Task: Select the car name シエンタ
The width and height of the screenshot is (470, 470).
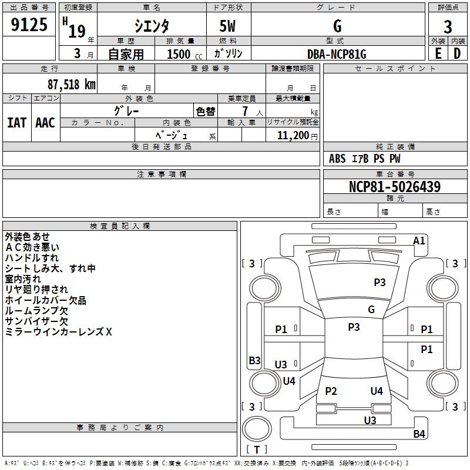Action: pos(152,26)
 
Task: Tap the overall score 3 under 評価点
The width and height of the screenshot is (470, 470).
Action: pos(448,26)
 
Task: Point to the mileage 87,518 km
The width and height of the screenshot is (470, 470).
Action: pos(71,84)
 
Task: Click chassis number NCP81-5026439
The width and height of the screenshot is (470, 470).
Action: pos(394,187)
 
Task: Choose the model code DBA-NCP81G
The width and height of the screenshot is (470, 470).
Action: pos(337,54)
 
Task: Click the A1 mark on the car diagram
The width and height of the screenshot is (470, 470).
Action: pos(419,241)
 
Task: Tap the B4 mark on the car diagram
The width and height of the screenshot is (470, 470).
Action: pos(419,434)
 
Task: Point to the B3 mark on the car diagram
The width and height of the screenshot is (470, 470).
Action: pos(254,361)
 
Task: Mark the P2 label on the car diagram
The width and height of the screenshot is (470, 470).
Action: pos(331,391)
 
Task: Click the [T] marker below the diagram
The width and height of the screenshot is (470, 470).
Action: pos(257,449)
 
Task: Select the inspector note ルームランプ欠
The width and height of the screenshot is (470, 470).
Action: pos(36,310)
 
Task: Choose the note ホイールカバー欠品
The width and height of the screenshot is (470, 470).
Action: pos(45,300)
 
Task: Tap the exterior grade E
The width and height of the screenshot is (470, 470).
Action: pos(438,53)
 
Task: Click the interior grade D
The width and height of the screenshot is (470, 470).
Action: pos(457,53)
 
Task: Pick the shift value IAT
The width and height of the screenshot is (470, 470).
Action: pos(16,122)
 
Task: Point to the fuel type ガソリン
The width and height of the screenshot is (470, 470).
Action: pos(229,53)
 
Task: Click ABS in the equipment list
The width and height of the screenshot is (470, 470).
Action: pos(337,159)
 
